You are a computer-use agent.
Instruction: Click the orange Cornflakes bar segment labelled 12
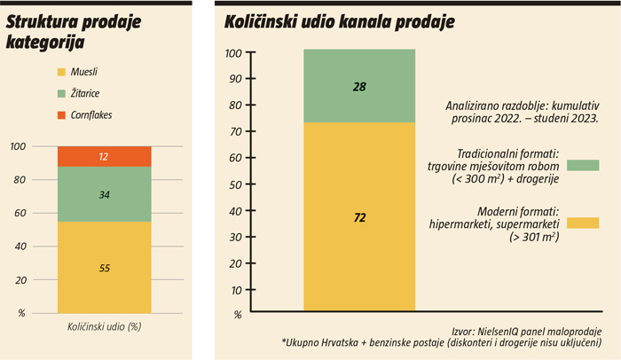[x=104, y=157]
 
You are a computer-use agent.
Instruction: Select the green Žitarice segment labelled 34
[x=104, y=194]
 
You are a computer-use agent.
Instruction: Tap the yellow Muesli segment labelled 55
[x=104, y=266]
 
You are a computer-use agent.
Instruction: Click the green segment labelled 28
[x=359, y=86]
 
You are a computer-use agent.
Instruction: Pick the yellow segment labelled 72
[x=359, y=217]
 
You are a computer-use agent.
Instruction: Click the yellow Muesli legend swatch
[x=60, y=71]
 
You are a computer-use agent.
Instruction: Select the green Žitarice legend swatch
[x=60, y=93]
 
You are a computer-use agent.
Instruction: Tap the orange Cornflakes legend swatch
[x=60, y=115]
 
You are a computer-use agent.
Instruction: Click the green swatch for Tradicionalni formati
[x=583, y=165]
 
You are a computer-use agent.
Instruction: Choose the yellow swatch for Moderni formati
[x=583, y=223]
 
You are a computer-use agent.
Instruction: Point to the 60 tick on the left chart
[x=20, y=214]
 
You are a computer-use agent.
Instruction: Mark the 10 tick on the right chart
[x=235, y=290]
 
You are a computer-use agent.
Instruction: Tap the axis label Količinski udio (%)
[x=104, y=326]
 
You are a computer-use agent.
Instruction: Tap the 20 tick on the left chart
[x=20, y=280]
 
